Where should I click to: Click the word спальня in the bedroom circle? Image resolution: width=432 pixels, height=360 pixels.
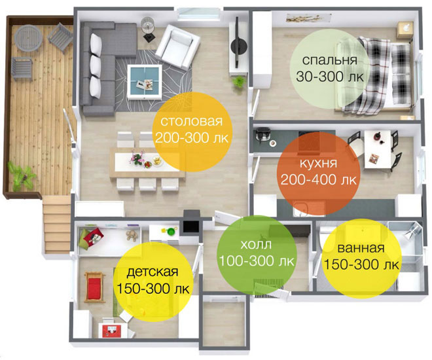click(x=329, y=60)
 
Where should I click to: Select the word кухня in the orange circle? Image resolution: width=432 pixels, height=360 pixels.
click(x=318, y=163)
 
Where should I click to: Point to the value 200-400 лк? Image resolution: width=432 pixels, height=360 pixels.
click(x=318, y=180)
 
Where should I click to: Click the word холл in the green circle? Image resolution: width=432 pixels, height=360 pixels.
click(x=256, y=244)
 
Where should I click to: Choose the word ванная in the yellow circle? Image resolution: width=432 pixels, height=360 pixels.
click(x=361, y=248)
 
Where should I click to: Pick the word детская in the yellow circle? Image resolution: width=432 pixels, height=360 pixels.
click(x=153, y=272)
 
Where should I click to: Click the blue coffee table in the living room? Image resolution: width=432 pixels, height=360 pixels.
click(x=145, y=82)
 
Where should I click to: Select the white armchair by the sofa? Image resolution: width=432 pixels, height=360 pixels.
click(x=177, y=46)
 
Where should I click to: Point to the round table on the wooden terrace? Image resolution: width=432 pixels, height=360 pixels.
click(x=28, y=38)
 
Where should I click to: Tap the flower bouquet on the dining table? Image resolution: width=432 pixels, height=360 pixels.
click(x=136, y=158)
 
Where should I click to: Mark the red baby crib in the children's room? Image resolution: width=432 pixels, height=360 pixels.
click(x=94, y=287)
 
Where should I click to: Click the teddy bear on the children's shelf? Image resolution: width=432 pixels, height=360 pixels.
click(x=131, y=236)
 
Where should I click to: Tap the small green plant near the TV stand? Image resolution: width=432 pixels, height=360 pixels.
click(x=239, y=82)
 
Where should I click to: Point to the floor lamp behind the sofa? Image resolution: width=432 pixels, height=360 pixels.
click(x=148, y=27)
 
